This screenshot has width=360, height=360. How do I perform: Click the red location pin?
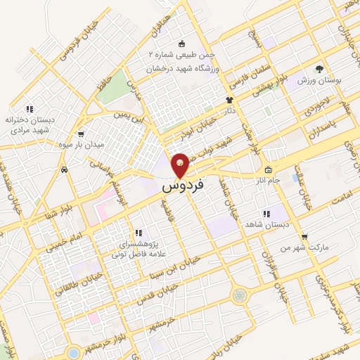click(180, 165)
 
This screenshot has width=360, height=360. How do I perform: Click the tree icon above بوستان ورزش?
click(319, 70)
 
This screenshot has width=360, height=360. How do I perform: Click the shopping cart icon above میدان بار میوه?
click(81, 134)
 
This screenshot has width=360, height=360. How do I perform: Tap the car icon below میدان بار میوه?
click(64, 169)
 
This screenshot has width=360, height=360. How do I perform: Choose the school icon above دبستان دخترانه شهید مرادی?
click(29, 109)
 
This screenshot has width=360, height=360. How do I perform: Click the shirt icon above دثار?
click(229, 101)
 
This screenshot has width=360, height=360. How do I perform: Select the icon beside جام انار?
click(268, 169)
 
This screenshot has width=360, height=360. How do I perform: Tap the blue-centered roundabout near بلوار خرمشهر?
click(74, 351)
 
